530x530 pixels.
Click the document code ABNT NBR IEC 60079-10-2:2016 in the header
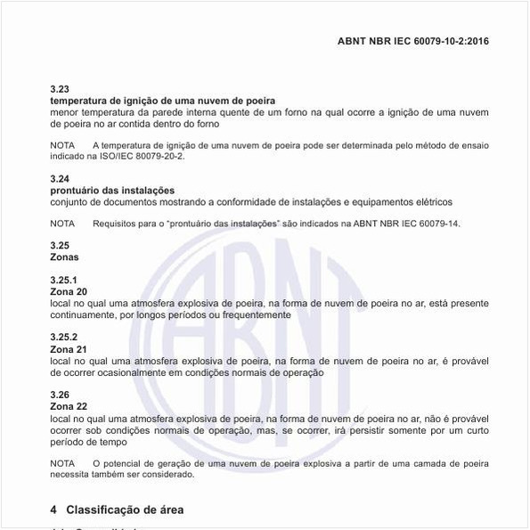pyautogui.click(x=413, y=41)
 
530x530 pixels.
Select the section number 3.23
pyautogui.click(x=59, y=89)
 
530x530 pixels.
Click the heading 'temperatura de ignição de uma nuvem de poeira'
pyautogui.click(x=162, y=101)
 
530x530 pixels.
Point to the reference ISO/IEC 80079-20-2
pyautogui.click(x=139, y=156)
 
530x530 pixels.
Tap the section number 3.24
pyautogui.click(x=59, y=179)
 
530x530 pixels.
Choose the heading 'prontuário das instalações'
pyautogui.click(x=112, y=191)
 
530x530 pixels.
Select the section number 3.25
pyautogui.click(x=59, y=246)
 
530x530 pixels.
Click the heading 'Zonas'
pyautogui.click(x=64, y=257)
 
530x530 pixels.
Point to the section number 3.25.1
pyautogui.click(x=63, y=281)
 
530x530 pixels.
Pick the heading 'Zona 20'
pyautogui.click(x=69, y=292)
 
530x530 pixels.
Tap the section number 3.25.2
pyautogui.click(x=63, y=338)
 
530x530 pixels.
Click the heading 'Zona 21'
pyautogui.click(x=69, y=349)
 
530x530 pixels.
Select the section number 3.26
pyautogui.click(x=59, y=395)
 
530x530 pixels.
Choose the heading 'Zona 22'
pyautogui.click(x=69, y=406)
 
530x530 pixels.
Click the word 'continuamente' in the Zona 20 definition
pyautogui.click(x=82, y=314)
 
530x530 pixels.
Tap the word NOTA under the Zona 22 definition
pyautogui.click(x=62, y=463)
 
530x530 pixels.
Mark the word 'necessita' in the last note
pyautogui.click(x=70, y=475)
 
